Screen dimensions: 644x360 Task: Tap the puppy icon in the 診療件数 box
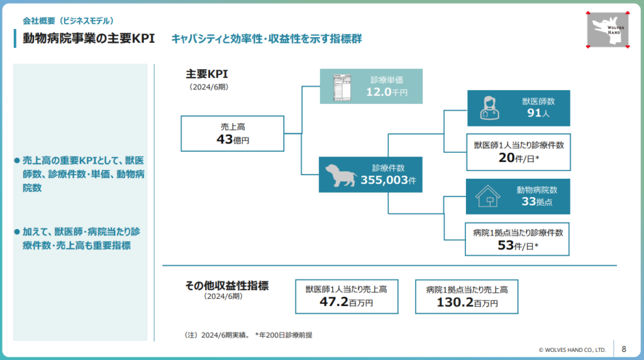[341, 175]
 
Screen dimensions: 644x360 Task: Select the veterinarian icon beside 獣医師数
[489, 108]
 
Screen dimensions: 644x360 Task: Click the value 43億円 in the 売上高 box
[232, 139]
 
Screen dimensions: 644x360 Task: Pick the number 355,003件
[389, 181]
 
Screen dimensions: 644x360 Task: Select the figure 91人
[538, 114]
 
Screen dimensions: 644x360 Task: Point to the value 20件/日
[518, 159]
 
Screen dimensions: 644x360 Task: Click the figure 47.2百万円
[346, 302]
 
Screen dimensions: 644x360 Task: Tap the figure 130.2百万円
[467, 302]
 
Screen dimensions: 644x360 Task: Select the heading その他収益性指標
[226, 286]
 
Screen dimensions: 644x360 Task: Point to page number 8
[623, 349]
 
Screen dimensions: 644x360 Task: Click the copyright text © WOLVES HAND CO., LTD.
[572, 349]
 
